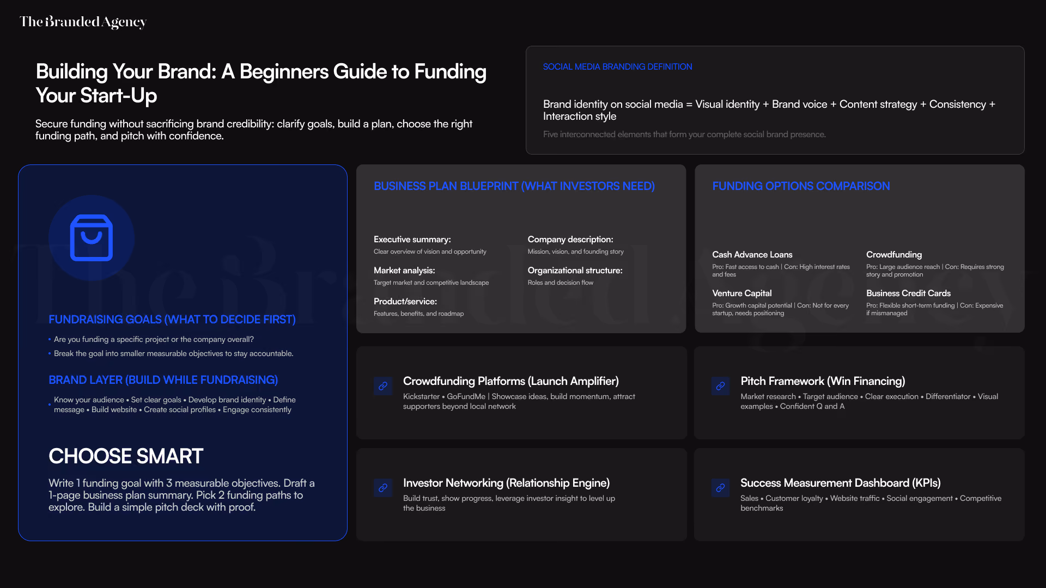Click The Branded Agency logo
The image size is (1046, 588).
click(x=83, y=22)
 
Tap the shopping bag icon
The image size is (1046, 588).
click(x=92, y=238)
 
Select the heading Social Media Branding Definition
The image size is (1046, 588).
click(x=617, y=66)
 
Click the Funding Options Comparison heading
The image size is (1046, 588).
click(x=801, y=186)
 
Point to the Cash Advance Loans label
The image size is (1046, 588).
click(x=752, y=255)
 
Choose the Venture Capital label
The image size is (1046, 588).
click(x=741, y=293)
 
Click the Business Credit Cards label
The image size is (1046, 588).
click(x=908, y=293)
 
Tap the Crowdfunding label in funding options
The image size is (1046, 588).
click(x=894, y=255)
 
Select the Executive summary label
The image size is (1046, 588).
click(x=412, y=240)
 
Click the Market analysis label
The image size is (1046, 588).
click(x=404, y=271)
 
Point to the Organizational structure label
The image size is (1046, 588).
click(x=575, y=271)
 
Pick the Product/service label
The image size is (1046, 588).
click(x=405, y=302)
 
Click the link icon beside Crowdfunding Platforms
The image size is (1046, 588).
click(x=383, y=386)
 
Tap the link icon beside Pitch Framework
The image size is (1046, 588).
click(x=720, y=386)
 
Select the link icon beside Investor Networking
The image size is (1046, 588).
click(x=383, y=488)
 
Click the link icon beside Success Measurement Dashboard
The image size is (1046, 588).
click(x=720, y=488)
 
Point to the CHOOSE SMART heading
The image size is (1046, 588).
click(x=126, y=456)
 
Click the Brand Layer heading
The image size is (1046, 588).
click(x=163, y=380)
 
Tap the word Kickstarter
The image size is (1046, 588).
click(x=421, y=396)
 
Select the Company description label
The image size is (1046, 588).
click(x=570, y=240)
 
